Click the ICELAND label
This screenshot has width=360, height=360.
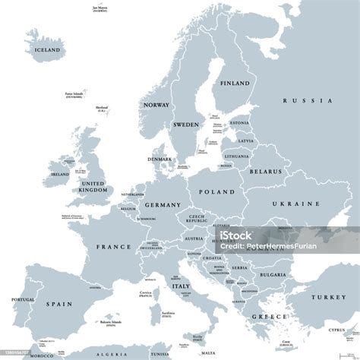[x=46, y=50]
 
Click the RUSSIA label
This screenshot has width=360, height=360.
[x=308, y=100]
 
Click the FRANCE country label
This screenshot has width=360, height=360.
[x=113, y=247]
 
